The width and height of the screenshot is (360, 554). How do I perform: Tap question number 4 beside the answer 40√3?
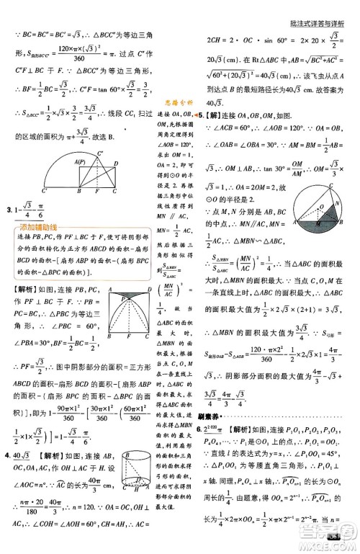[x=7, y=455]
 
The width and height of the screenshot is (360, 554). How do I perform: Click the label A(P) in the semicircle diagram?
[x=77, y=163]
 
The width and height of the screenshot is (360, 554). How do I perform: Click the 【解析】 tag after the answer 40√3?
[x=57, y=456]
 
